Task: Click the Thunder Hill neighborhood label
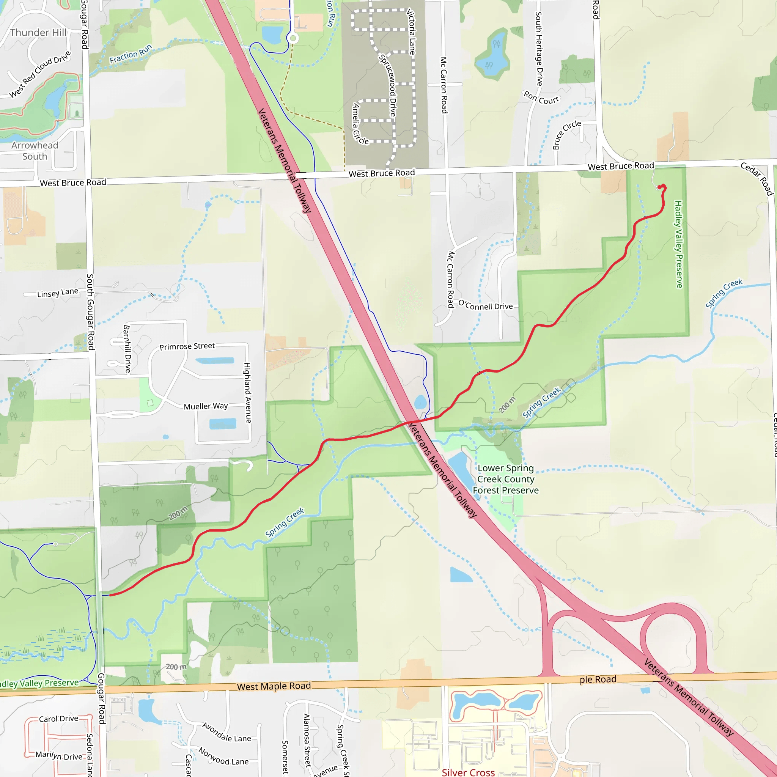(38, 33)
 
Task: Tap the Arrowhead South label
(35, 151)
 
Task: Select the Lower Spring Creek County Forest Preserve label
(505, 479)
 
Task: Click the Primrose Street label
(187, 346)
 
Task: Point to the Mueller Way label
(206, 406)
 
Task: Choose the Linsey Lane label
(58, 293)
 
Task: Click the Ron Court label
(541, 98)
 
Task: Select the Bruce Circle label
(566, 134)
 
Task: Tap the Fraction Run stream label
(131, 54)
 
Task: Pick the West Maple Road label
(274, 686)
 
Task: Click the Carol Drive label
(58, 718)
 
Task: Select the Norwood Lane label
(223, 757)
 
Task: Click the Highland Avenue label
(248, 393)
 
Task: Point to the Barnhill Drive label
(127, 349)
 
